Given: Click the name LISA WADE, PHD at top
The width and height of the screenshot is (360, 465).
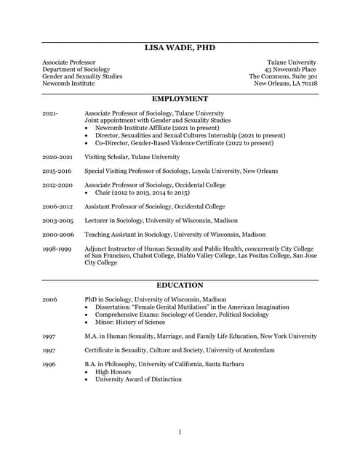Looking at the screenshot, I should click(x=180, y=47).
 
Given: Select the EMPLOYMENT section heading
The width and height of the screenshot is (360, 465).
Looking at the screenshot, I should click(x=180, y=99).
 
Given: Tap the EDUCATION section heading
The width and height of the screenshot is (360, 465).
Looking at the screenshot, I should click(x=180, y=286).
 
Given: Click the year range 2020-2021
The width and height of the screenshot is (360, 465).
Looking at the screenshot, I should click(x=57, y=156).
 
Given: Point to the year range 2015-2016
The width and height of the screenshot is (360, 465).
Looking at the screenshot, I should click(x=57, y=171).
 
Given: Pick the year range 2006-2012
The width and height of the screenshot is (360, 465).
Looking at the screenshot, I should click(x=57, y=206).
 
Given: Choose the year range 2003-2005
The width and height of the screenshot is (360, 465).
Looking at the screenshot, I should click(x=57, y=220).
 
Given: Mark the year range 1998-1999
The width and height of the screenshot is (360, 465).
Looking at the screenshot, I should click(x=57, y=248).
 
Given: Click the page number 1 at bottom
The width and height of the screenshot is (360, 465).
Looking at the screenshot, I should click(x=180, y=432).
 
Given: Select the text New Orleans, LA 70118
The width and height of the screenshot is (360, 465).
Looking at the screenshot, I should click(x=285, y=84).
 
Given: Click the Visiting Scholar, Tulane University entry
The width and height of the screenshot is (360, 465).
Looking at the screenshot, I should click(x=132, y=156).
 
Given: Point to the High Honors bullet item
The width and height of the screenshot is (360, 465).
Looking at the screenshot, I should click(x=113, y=371).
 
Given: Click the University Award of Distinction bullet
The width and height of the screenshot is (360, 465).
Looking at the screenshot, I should click(x=138, y=379).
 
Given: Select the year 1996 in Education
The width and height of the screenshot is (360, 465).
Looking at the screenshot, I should click(x=49, y=364).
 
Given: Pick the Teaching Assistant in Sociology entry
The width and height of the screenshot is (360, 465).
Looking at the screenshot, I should click(x=175, y=235).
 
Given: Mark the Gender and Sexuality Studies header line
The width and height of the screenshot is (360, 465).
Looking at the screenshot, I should click(x=82, y=76).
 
